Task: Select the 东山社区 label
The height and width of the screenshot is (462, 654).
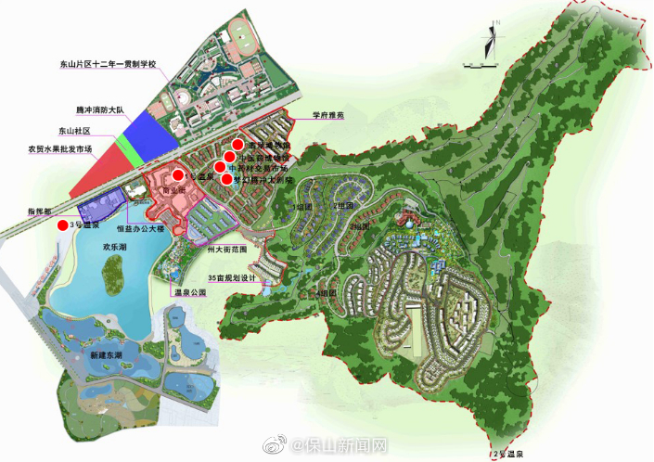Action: point(77,131)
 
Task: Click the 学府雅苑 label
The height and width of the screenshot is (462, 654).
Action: point(327,117)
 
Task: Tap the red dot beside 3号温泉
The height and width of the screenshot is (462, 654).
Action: point(62,225)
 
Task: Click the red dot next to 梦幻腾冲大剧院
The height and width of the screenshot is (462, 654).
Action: point(226,178)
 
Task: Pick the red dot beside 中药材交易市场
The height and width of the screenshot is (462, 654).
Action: point(220,167)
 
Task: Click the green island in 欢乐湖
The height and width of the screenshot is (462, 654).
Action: point(113,270)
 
